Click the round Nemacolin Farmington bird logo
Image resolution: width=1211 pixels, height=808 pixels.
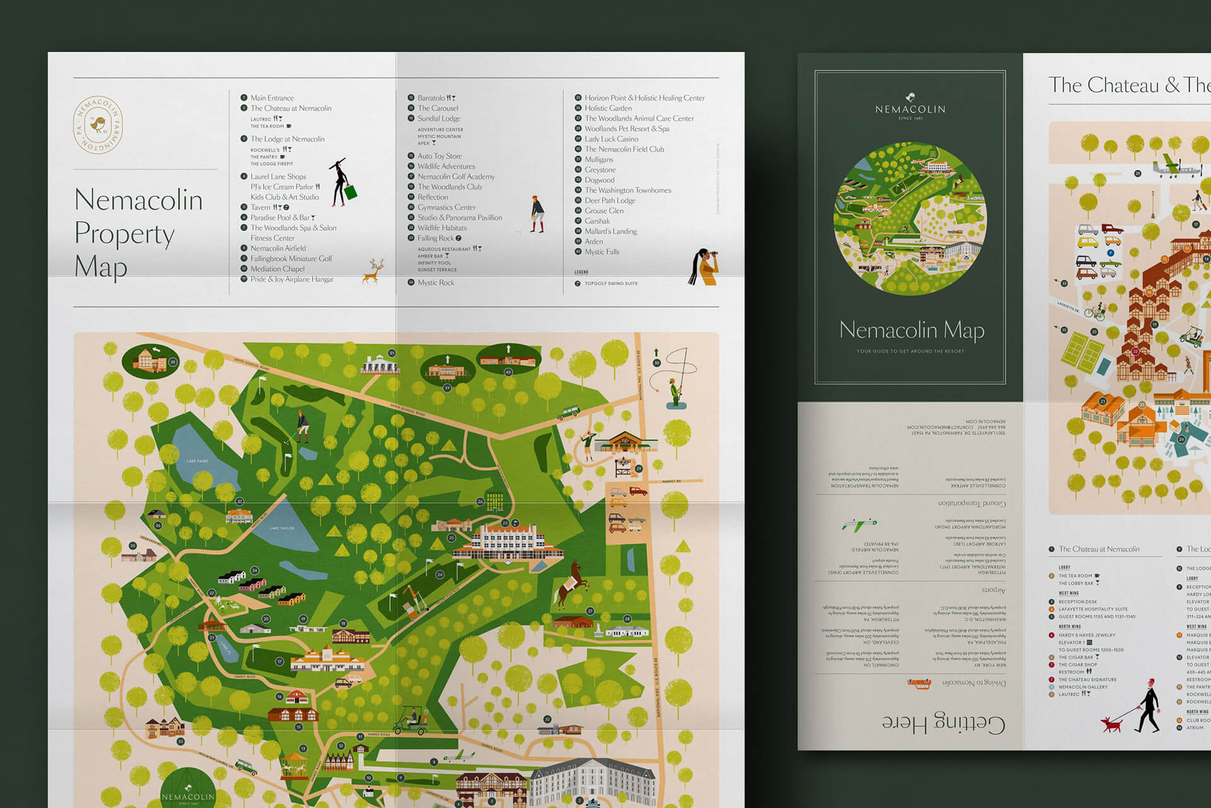point(98,125)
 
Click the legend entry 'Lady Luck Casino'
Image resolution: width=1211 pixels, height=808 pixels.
point(611,139)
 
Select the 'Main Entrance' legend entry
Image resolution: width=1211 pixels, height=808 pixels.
point(271,98)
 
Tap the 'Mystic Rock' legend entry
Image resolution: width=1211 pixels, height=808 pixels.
point(435,283)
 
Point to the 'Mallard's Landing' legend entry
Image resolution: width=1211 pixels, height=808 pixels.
point(610,231)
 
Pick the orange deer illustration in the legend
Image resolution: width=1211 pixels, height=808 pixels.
point(373,271)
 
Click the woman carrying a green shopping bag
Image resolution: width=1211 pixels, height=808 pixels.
point(343,183)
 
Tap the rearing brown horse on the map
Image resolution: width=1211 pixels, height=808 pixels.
point(571,584)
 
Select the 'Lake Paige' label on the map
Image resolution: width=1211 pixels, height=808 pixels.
point(197,461)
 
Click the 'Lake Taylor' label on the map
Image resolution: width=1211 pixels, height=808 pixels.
point(282,528)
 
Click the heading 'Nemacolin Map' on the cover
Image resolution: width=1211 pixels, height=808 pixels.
point(911,330)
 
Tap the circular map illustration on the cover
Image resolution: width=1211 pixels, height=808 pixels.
point(910,218)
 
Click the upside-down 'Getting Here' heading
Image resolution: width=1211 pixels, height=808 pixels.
point(943,723)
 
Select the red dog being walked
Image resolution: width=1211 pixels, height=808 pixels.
point(1111,724)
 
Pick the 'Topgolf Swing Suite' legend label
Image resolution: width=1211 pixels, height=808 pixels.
point(611,283)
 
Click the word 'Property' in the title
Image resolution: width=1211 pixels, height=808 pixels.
point(124,234)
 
